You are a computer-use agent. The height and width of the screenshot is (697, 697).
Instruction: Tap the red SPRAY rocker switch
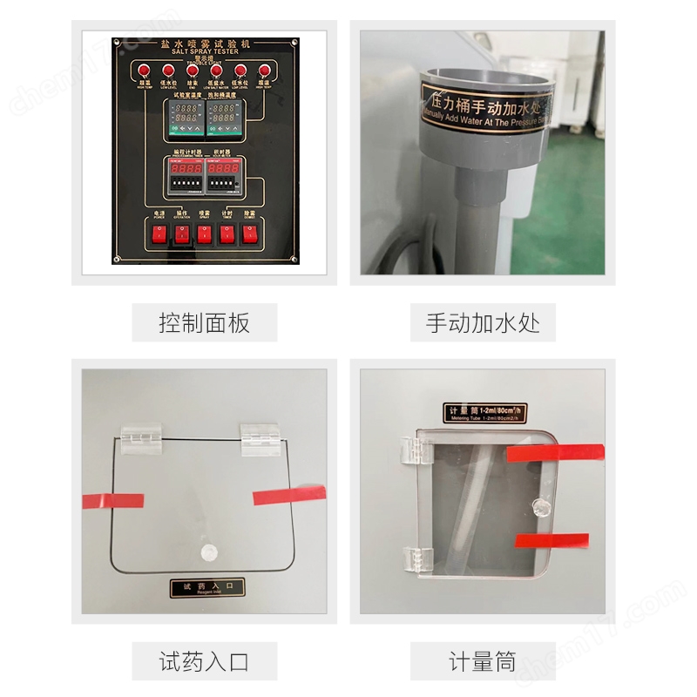tap(204, 233)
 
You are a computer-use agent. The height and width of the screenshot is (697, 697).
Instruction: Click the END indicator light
tap(191, 71)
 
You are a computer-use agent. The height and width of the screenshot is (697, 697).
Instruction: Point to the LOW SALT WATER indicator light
tap(214, 71)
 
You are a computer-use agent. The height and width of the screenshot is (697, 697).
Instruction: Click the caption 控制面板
tap(204, 323)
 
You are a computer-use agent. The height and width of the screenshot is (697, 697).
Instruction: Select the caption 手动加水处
tap(483, 323)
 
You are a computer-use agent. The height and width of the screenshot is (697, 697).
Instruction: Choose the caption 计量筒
tap(483, 661)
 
